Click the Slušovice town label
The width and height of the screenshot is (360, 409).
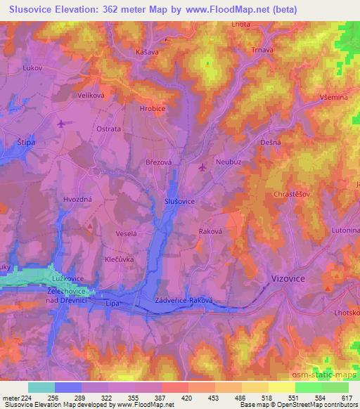point(179,201)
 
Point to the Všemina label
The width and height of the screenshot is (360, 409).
point(333,98)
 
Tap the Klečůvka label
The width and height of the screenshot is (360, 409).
point(119,258)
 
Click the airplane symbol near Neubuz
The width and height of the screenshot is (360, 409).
point(203,167)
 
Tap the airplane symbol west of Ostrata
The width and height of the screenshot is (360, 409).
point(62,124)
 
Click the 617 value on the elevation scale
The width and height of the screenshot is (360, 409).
point(347,398)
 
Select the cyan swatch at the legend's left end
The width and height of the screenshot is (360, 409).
point(41,387)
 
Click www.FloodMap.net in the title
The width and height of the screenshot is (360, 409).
point(223,10)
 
